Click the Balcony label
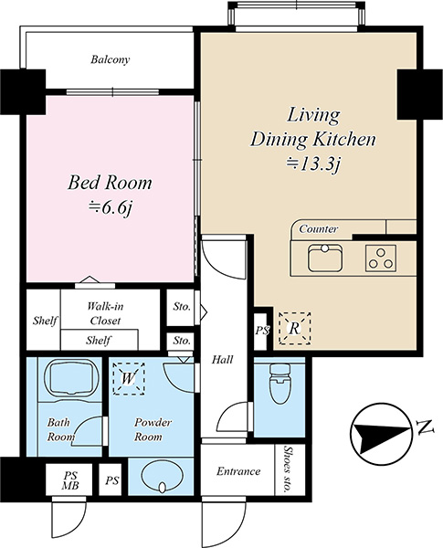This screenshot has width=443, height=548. [x=111, y=59]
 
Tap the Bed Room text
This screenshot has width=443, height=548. [x=110, y=184]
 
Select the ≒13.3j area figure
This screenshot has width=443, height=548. [x=313, y=163]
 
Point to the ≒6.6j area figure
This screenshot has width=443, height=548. [x=111, y=208]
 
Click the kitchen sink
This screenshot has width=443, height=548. [x=325, y=258]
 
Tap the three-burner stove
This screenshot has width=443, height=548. [x=381, y=258]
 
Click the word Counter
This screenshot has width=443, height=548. [x=319, y=229]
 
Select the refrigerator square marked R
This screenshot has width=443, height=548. [x=294, y=329]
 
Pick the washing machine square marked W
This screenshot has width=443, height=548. [x=129, y=378]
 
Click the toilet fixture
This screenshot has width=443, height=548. [x=280, y=384]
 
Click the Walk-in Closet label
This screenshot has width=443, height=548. [x=105, y=313]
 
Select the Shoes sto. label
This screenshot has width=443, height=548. [x=289, y=470]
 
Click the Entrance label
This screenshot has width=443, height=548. [x=238, y=471]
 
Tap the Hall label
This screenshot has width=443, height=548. [x=222, y=360]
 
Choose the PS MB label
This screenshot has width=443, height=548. [x=70, y=480]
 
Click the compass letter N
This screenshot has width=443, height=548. [x=425, y=427]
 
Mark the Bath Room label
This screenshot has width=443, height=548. [x=61, y=430]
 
